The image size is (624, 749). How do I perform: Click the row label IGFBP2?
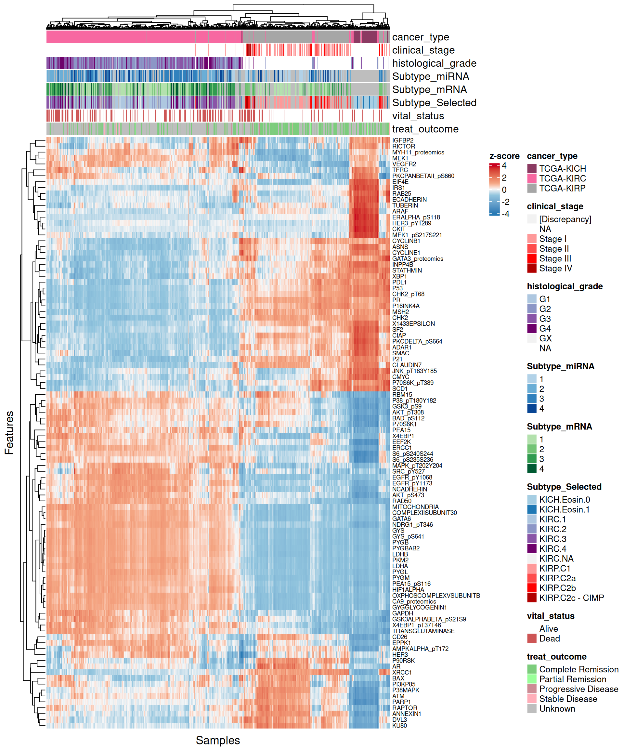[x=403, y=140]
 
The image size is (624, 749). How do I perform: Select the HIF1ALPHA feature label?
[x=408, y=590]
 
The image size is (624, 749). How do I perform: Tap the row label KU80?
[x=399, y=726]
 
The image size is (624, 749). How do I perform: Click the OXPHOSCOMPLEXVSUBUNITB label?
[x=436, y=596]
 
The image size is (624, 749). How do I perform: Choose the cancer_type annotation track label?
[x=421, y=37]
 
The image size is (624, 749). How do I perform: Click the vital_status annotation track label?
[x=418, y=116]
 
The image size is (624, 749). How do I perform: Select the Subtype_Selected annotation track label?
[x=434, y=103]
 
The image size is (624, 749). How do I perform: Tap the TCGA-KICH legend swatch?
[x=532, y=168]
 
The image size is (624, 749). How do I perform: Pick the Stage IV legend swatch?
[x=532, y=268]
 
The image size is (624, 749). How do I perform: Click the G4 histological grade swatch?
[x=532, y=328]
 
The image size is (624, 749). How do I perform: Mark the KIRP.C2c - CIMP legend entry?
[x=571, y=598]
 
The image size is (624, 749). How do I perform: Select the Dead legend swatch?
[x=532, y=638]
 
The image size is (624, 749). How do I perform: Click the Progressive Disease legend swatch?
[x=532, y=689]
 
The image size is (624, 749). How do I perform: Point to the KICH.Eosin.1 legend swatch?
[x=532, y=509]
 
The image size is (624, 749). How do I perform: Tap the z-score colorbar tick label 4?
[x=504, y=165]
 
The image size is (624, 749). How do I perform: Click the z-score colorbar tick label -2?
[x=505, y=202]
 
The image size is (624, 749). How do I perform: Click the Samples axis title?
[x=217, y=740]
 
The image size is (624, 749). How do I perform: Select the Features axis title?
[x=9, y=433]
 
